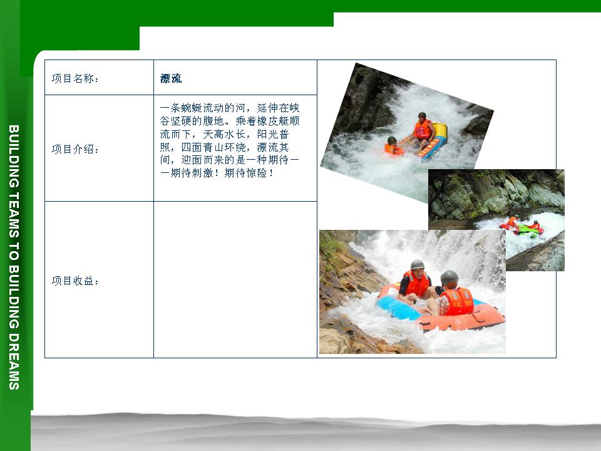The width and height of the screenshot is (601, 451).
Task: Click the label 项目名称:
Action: click(75, 79)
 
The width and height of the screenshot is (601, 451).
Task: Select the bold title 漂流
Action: click(171, 79)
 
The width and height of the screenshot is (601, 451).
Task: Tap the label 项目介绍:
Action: click(75, 149)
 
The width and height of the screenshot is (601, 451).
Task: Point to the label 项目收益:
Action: click(75, 281)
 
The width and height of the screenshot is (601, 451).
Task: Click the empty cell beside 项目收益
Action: click(235, 279)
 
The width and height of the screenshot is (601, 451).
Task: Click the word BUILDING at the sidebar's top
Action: click(14, 157)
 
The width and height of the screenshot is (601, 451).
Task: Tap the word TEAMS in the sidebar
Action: click(14, 215)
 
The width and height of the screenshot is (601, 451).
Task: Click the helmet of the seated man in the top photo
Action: click(422, 115)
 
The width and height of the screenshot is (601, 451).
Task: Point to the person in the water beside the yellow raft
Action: click(393, 146)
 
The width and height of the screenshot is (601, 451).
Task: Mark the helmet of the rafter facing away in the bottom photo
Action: click(449, 278)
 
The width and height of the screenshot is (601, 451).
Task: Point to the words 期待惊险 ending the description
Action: click(245, 173)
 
